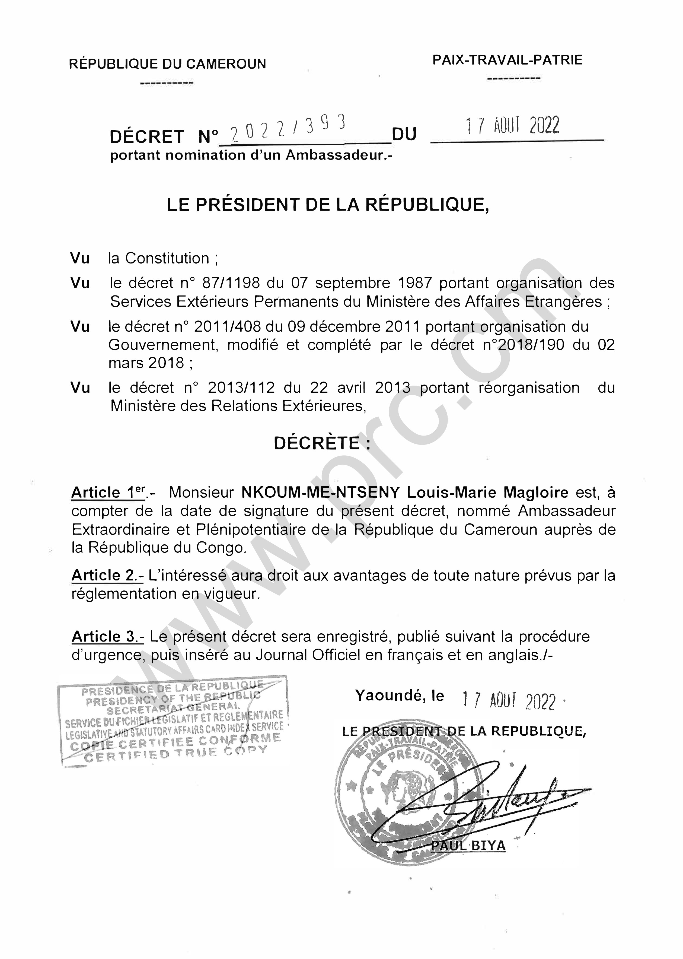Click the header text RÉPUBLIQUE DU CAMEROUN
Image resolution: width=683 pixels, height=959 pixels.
(x=167, y=64)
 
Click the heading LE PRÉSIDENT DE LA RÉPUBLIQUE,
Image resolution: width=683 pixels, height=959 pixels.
(x=328, y=205)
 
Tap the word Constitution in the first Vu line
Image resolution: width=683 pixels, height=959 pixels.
(x=167, y=258)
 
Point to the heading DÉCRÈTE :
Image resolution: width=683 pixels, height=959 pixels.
(x=323, y=443)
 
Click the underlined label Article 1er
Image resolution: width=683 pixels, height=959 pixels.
(x=108, y=492)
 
